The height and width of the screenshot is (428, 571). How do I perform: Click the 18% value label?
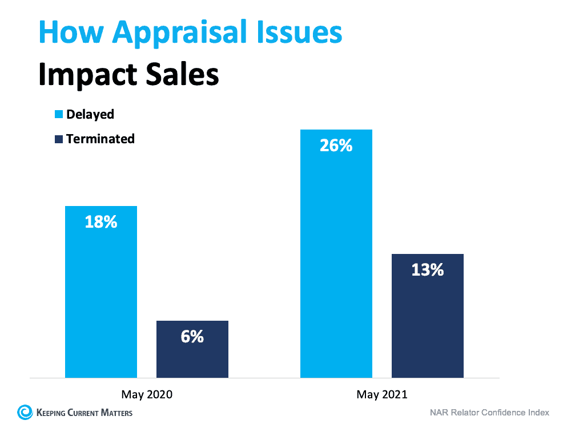tap(101, 222)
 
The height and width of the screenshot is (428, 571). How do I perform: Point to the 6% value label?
tap(192, 337)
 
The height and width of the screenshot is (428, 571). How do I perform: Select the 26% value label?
tap(336, 146)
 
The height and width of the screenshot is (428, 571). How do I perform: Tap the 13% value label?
tap(428, 270)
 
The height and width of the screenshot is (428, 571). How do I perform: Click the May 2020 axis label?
tap(147, 394)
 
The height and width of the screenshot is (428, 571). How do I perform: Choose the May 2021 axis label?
tap(382, 394)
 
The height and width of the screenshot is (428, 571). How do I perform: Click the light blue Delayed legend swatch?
tap(58, 115)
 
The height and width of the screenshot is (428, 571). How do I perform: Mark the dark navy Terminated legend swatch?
tap(58, 139)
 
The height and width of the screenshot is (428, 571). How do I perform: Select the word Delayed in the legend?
tap(90, 114)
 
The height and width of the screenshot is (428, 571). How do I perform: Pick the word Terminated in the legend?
tap(100, 139)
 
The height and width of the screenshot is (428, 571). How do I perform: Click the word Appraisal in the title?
tap(175, 33)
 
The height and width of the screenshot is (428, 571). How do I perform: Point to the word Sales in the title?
tap(182, 74)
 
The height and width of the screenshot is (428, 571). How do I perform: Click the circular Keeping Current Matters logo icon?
tap(25, 411)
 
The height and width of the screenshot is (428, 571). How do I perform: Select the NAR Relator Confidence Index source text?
tap(489, 412)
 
